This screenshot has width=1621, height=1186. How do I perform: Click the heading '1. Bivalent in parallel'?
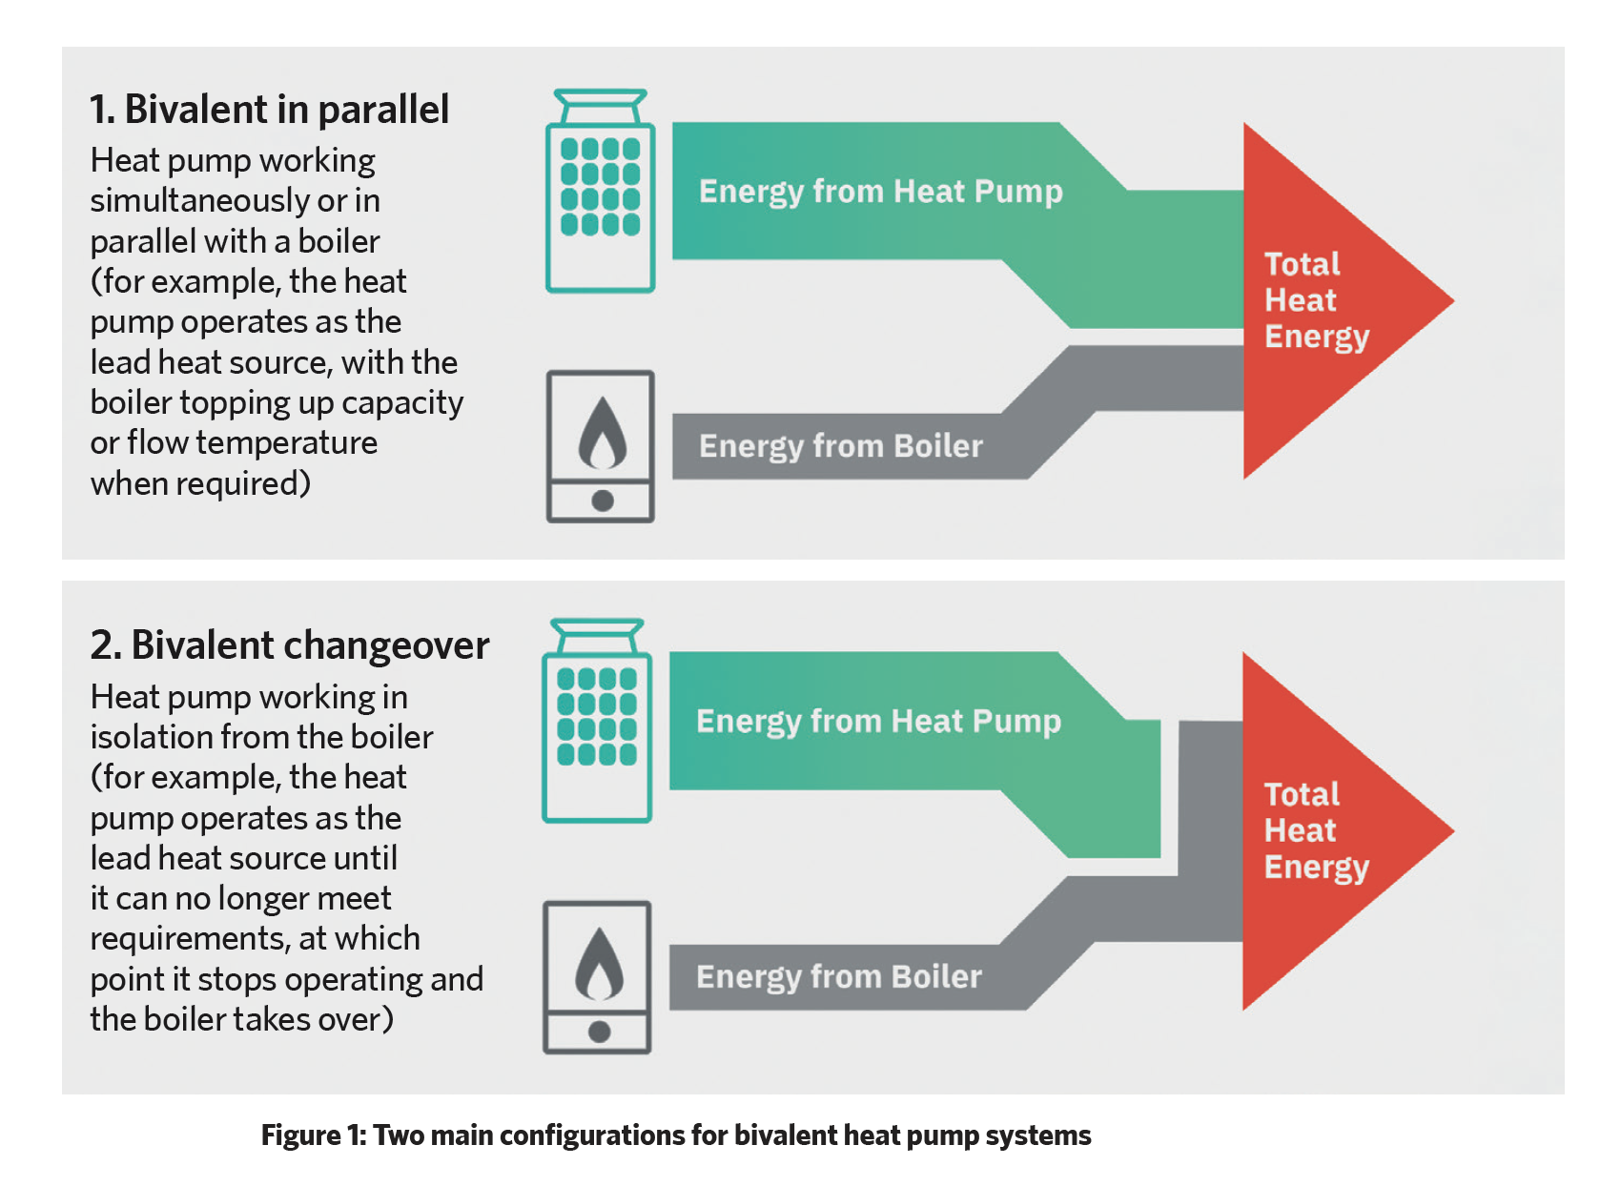(269, 110)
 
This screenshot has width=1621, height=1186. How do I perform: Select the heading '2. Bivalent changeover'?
(290, 645)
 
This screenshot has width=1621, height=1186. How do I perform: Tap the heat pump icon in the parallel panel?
(601, 191)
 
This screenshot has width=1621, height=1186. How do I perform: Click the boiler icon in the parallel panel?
(601, 446)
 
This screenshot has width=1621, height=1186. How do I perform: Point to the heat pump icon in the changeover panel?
(597, 721)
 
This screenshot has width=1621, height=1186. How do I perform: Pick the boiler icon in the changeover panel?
(597, 977)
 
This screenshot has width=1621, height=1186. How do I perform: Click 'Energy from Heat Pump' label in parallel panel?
(881, 193)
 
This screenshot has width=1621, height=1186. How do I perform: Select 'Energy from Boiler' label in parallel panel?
(841, 447)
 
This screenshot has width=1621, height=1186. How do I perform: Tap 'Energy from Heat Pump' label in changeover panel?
(878, 722)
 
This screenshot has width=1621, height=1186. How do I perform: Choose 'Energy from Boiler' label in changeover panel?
(839, 977)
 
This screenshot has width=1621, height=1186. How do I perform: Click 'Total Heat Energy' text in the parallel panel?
(1316, 301)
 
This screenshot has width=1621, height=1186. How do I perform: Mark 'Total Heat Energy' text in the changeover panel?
(1316, 831)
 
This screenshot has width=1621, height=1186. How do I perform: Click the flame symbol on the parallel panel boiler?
(602, 433)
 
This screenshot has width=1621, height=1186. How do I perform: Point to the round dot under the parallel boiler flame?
(602, 501)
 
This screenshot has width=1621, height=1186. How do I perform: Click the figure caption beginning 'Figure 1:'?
(676, 1135)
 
